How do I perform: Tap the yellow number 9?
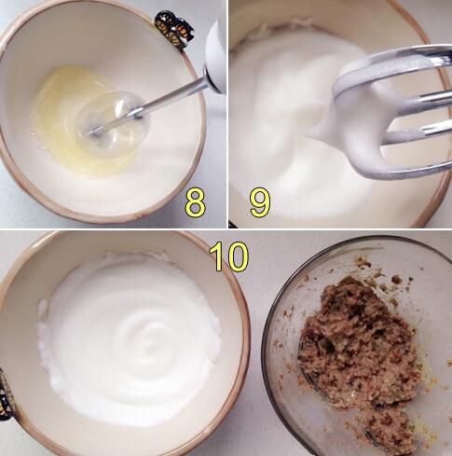tap(260, 202)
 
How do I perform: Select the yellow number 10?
tap(229, 256)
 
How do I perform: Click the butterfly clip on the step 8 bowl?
tap(174, 30)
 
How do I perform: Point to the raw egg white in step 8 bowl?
tap(84, 121)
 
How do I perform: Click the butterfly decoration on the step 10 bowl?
tap(5, 394)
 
